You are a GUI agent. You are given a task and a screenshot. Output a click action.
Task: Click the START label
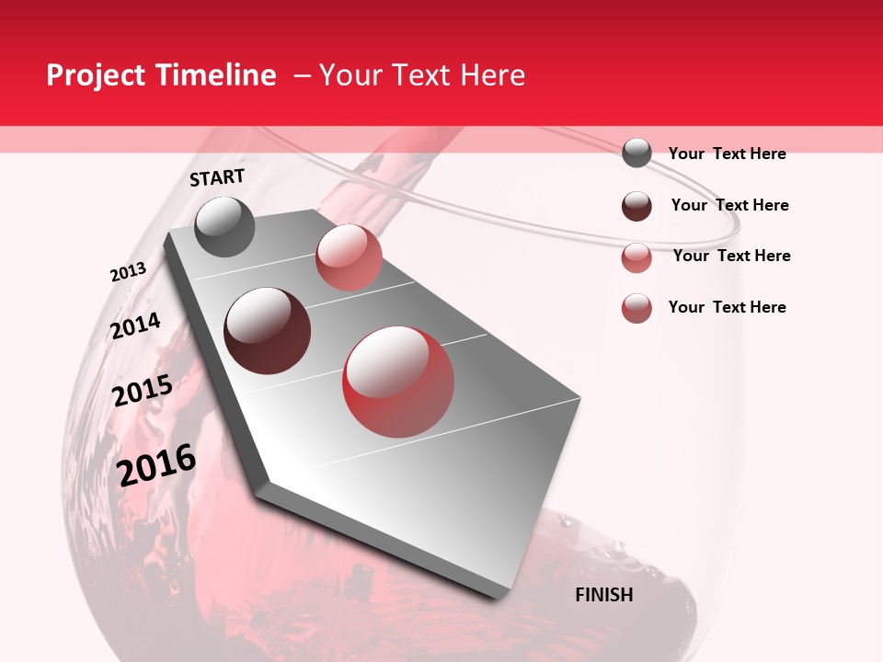(217, 177)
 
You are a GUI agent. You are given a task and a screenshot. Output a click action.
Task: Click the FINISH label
(603, 595)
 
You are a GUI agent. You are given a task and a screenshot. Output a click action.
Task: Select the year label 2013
(128, 272)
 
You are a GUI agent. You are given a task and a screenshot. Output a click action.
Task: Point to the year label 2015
(143, 392)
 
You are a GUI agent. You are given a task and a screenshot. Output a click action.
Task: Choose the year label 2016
(156, 465)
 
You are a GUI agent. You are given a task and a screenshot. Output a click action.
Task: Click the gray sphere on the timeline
(225, 226)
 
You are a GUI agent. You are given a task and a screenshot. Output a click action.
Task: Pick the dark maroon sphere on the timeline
(268, 331)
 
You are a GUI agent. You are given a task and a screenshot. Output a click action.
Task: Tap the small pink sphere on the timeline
(349, 257)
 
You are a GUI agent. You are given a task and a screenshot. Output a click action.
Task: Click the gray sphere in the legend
(636, 153)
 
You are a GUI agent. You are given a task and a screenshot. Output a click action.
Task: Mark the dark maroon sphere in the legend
(636, 205)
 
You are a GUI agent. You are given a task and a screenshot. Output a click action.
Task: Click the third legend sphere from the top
(636, 257)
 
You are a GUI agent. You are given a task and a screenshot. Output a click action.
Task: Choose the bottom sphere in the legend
(636, 308)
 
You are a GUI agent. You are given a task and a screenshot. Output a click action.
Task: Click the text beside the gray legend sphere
(727, 154)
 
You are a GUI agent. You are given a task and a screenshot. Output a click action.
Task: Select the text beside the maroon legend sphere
(729, 205)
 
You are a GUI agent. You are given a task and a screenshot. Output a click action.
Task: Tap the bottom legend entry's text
(727, 307)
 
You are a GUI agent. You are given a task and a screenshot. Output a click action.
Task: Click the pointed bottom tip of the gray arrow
(261, 482)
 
